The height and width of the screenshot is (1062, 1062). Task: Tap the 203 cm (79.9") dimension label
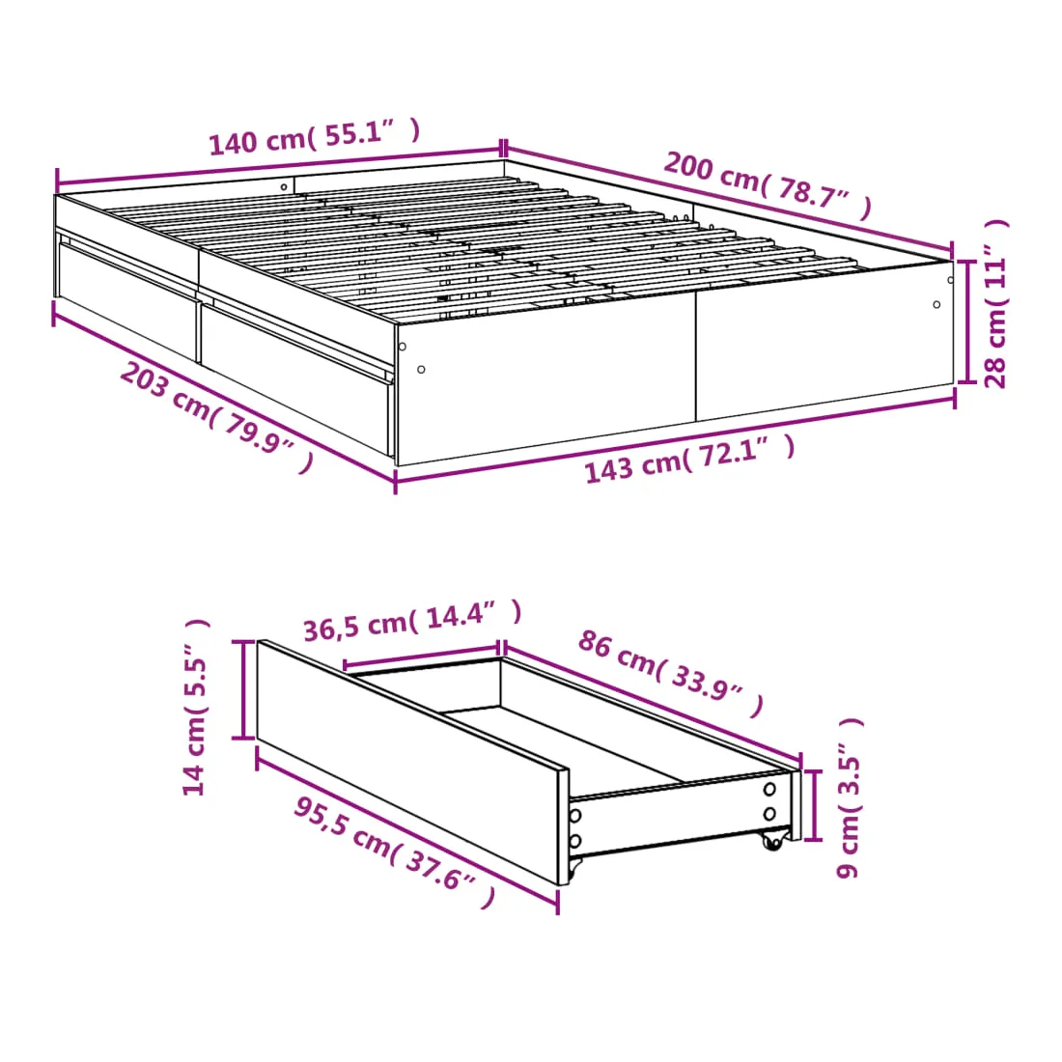coord(216,416)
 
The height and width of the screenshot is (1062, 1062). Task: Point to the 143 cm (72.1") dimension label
coord(689,460)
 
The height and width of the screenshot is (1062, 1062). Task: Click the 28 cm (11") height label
coord(995,303)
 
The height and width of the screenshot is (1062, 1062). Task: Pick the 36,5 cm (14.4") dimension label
coord(412,621)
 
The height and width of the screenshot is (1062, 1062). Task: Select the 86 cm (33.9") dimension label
coord(671,673)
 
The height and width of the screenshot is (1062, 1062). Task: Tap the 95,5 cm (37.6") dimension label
coord(395,852)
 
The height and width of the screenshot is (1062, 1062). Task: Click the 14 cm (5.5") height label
coord(195,707)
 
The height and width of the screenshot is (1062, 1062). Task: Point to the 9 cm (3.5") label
coord(849,797)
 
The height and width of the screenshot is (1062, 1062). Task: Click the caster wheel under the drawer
coord(771,841)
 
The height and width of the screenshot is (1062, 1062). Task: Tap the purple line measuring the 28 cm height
coord(967,322)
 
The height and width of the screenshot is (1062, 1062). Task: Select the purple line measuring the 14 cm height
coord(243,688)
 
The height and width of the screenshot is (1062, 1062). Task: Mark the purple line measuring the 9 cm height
coord(814,804)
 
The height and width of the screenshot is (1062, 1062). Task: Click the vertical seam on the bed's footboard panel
coord(695,355)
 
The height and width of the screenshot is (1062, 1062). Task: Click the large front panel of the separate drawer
coord(412,763)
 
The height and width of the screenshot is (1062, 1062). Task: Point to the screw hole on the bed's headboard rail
coord(285,187)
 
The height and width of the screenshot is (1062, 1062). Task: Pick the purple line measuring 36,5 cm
coord(421,656)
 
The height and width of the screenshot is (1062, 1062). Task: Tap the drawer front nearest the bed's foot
coord(296,377)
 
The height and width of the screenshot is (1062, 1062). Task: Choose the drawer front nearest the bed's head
coord(127,298)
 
